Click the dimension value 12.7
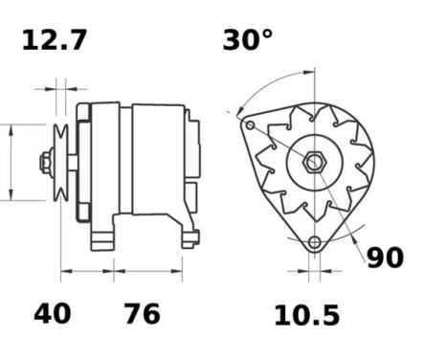55,40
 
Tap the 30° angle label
248,40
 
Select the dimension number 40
53,314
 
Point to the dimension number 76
142,314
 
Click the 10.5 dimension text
307,315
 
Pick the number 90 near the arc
385,258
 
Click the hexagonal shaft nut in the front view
314,162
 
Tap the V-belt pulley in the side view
60,163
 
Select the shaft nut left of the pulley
47,163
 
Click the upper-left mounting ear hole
250,124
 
